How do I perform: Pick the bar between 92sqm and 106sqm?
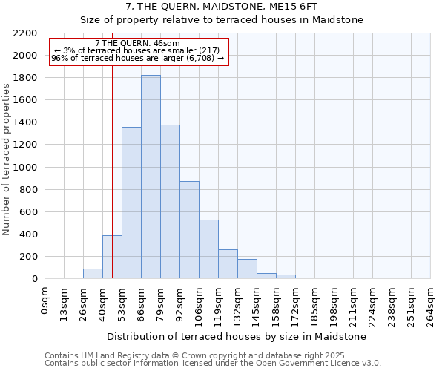(189, 230)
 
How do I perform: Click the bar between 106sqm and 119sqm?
(208, 249)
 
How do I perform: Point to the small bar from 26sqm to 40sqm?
(93, 274)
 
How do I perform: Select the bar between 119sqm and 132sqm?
(228, 264)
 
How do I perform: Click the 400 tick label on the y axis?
(28, 234)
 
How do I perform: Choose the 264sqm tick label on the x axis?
(431, 305)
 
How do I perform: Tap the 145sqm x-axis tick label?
(257, 305)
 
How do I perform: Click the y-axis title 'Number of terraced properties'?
(7, 160)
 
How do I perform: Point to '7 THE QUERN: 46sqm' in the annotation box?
(137, 44)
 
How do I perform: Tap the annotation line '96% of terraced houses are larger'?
(137, 58)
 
